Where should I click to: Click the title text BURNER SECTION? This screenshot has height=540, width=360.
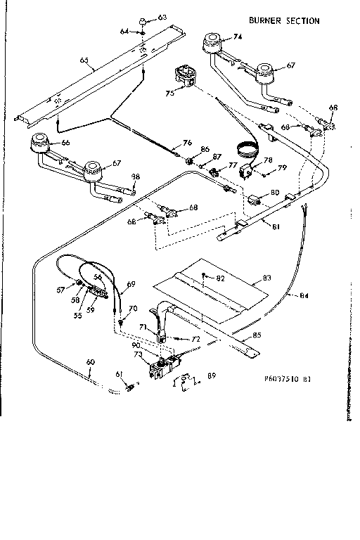(x=283, y=20)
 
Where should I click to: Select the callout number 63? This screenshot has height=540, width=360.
(x=162, y=16)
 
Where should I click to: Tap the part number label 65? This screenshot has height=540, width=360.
(x=84, y=61)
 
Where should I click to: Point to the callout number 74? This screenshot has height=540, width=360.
(x=238, y=37)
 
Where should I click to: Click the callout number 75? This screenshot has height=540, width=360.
(x=169, y=91)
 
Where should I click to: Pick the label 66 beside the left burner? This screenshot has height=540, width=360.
(x=66, y=142)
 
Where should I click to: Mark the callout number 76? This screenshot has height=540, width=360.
(x=187, y=143)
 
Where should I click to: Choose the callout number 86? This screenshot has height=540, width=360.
(x=205, y=149)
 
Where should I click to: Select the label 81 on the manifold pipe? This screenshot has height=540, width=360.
(x=276, y=226)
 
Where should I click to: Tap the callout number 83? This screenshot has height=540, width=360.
(x=266, y=279)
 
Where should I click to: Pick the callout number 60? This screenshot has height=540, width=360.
(x=90, y=362)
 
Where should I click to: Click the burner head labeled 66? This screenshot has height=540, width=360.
(x=40, y=145)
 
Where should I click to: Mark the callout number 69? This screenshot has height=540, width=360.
(x=130, y=284)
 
